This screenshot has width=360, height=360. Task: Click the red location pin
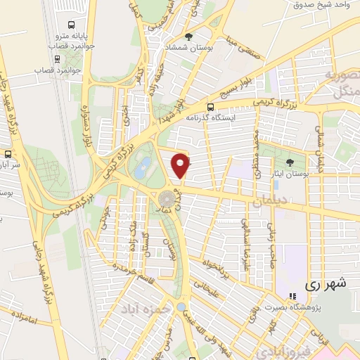click(181, 165)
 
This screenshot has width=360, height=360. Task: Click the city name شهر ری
click(326, 284)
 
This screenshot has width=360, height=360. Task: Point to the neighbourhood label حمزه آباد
click(143, 309)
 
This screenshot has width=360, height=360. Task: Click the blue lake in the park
click(143, 167)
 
